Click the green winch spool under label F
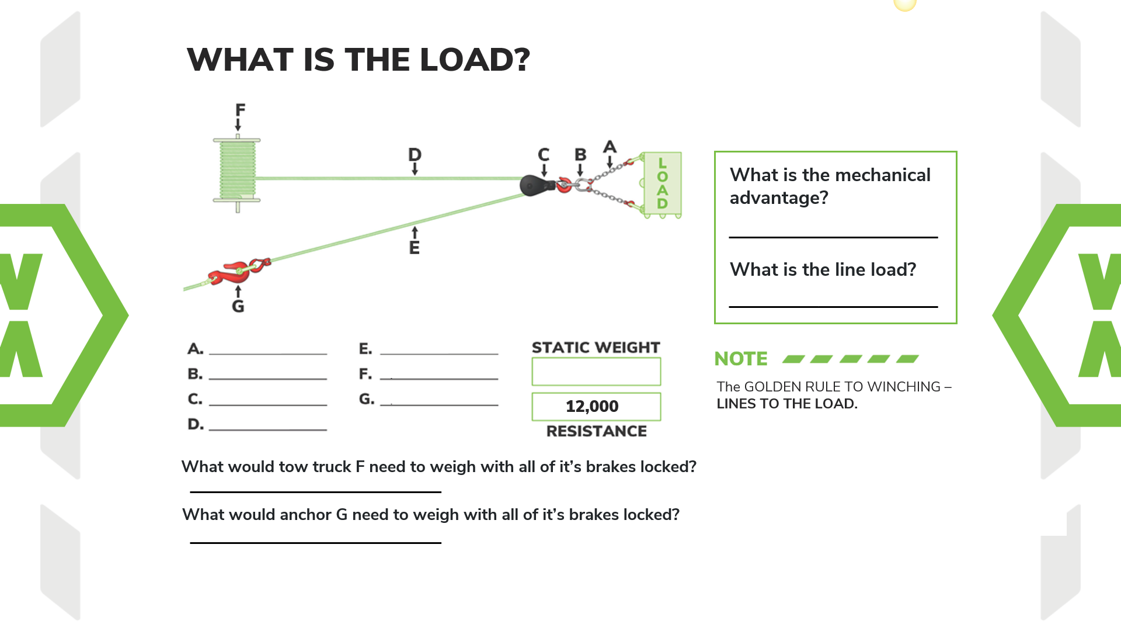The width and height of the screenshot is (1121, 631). pyautogui.click(x=237, y=171)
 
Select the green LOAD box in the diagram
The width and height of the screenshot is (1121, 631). pyautogui.click(x=662, y=184)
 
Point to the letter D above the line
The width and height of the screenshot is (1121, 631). pyautogui.click(x=415, y=155)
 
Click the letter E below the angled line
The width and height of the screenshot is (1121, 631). pyautogui.click(x=415, y=248)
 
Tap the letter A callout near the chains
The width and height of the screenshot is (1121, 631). pyautogui.click(x=610, y=147)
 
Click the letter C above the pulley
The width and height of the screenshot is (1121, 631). pyautogui.click(x=544, y=155)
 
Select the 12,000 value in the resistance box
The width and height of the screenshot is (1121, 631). pyautogui.click(x=592, y=406)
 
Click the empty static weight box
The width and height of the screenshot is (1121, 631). pyautogui.click(x=596, y=372)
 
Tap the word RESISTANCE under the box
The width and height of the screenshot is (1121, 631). pyautogui.click(x=596, y=431)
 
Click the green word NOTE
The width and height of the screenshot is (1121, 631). pyautogui.click(x=741, y=359)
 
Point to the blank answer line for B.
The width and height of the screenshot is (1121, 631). pyautogui.click(x=268, y=378)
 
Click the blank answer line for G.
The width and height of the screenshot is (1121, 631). pyautogui.click(x=439, y=403)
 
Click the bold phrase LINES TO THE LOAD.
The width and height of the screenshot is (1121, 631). pyautogui.click(x=787, y=404)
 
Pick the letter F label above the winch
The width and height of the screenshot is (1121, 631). pyautogui.click(x=240, y=110)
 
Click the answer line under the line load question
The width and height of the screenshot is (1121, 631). pyautogui.click(x=833, y=306)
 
